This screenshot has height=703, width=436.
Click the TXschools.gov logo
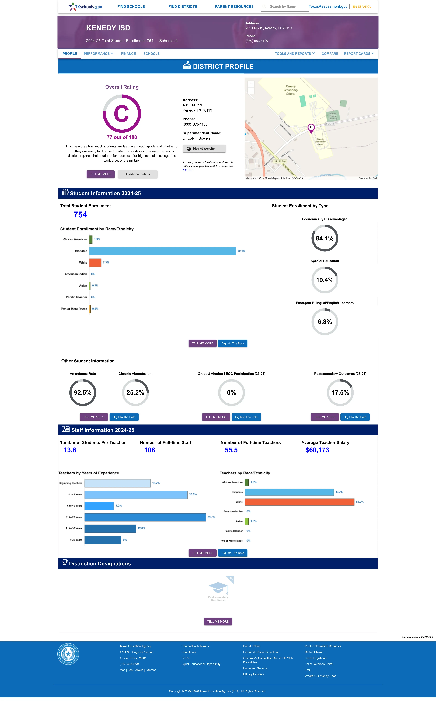85,6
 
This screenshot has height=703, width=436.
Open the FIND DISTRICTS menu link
183,7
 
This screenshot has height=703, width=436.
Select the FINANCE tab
128,54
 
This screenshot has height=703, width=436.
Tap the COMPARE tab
330,54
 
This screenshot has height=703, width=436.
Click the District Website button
204,149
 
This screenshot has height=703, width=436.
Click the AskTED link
187,170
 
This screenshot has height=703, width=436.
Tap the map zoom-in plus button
251,84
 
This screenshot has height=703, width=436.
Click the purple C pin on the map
311,128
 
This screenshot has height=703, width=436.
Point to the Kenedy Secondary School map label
291,90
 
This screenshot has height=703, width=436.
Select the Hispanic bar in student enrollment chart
163,251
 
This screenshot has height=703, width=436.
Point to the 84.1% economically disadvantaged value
325,238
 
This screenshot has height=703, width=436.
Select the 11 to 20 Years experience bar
145,517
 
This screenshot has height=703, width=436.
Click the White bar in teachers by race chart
300,502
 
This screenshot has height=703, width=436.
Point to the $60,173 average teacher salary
317,450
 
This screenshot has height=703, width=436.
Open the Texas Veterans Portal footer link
319,664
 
